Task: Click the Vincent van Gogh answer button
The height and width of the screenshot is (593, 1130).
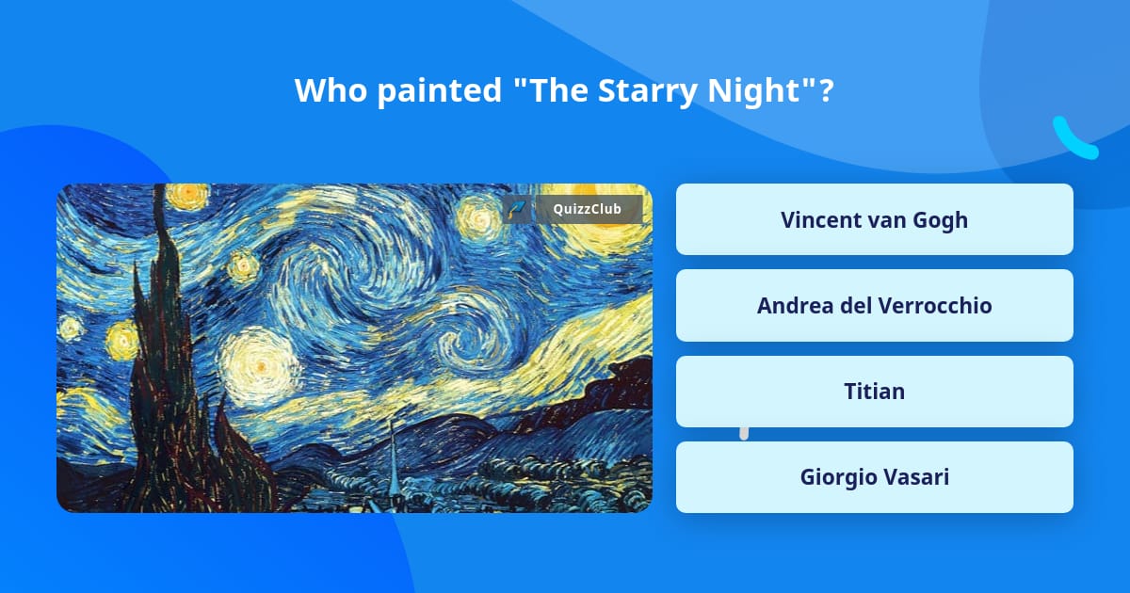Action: [x=874, y=219]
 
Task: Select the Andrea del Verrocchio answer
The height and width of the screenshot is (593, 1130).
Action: [x=874, y=306]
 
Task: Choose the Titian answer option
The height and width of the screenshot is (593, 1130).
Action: [x=874, y=392]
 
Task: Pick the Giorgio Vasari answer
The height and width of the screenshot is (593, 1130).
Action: [x=874, y=477]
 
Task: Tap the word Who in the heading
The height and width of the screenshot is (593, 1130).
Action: [x=331, y=90]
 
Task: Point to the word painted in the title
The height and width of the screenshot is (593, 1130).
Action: [x=440, y=91]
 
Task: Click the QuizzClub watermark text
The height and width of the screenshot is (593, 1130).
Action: [x=588, y=209]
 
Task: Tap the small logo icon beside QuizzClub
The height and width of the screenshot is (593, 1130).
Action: [x=517, y=209]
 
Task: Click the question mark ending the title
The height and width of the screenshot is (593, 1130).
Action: [x=826, y=90]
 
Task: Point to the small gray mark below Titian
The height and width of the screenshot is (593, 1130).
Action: [x=744, y=434]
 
